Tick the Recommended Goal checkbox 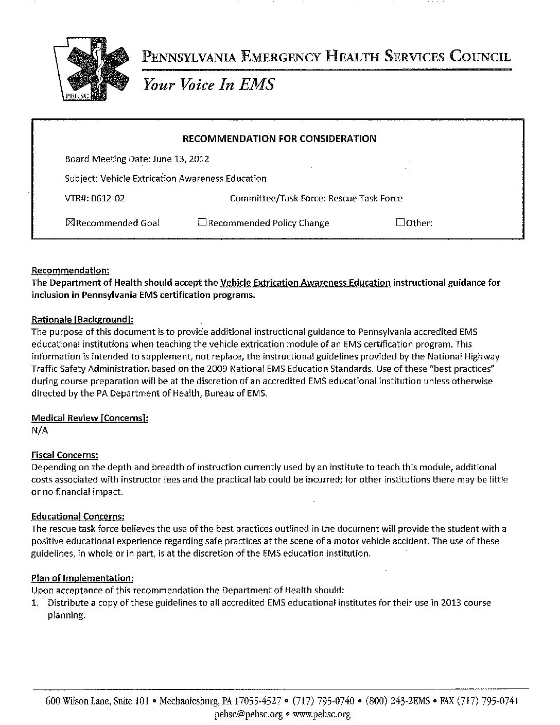point(71,223)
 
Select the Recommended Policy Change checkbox point(202,223)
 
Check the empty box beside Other point(400,223)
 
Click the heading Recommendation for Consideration point(279,139)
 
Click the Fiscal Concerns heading point(65,455)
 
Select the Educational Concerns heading point(78,516)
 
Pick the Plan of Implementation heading point(83,578)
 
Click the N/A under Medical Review point(40,430)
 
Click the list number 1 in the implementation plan point(34,602)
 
